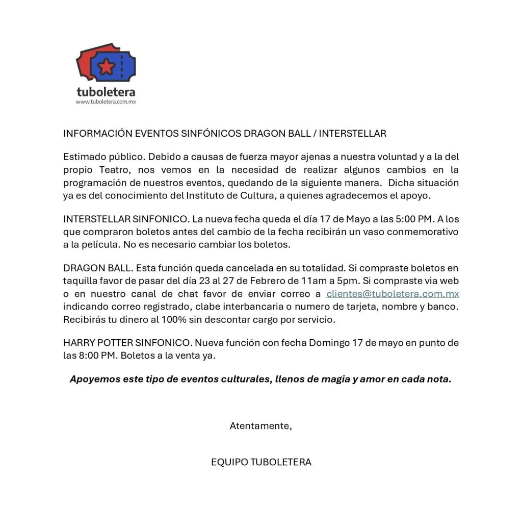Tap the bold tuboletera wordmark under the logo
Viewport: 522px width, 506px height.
tap(106, 92)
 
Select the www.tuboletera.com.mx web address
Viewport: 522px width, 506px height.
tap(106, 102)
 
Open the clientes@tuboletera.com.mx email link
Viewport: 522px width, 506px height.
tap(393, 294)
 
